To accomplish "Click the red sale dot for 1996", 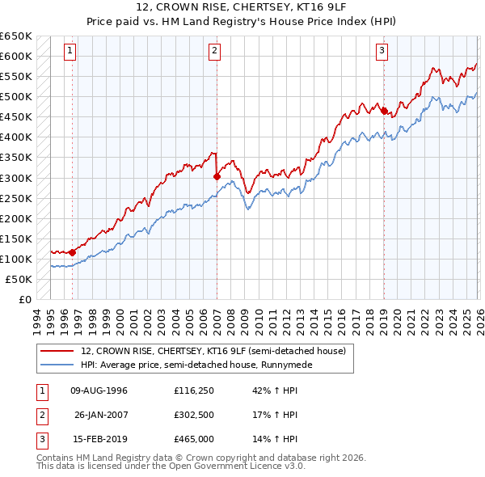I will (73, 252).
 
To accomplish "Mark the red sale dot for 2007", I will (217, 176).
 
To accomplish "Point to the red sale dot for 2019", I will (384, 111).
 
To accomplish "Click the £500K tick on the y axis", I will (16, 97).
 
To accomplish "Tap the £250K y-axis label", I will (16, 198).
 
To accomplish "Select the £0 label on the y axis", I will (24, 299).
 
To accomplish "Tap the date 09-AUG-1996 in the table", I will (99, 390).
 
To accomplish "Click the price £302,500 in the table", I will (194, 415).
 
